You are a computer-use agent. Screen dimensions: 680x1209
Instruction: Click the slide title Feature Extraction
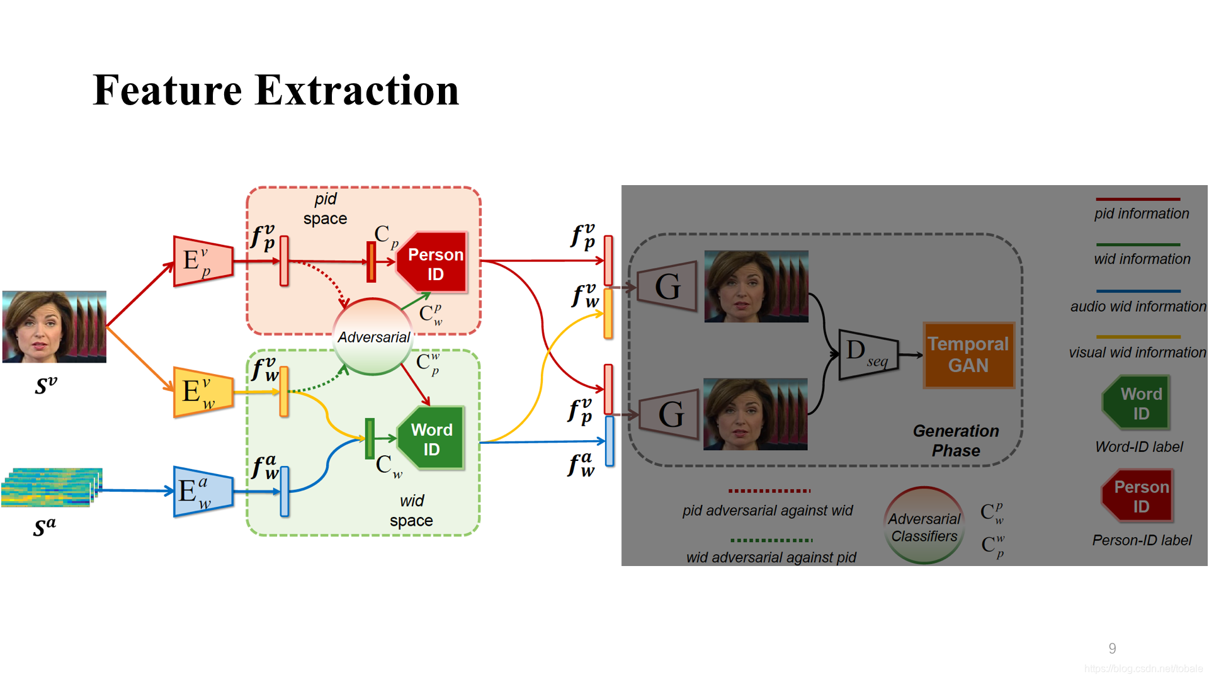[276, 90]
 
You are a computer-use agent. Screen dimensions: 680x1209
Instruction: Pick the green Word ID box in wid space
[432, 439]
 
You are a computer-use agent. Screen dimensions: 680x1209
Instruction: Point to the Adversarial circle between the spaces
[373, 337]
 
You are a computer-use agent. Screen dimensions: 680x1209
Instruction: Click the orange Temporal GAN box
[968, 355]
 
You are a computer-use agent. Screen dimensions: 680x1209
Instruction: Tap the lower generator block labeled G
[670, 414]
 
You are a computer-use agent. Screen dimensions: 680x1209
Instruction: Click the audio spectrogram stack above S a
[52, 487]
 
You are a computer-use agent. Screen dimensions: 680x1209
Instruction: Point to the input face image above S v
[54, 326]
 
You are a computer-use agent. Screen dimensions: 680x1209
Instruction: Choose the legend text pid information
[1141, 213]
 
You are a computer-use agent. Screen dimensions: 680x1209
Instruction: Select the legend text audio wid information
[1138, 307]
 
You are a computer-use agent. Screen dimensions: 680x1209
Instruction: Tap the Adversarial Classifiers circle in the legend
[924, 526]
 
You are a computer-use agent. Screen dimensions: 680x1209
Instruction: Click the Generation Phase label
[956, 441]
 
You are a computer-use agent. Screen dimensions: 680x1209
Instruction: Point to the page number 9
[1113, 649]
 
